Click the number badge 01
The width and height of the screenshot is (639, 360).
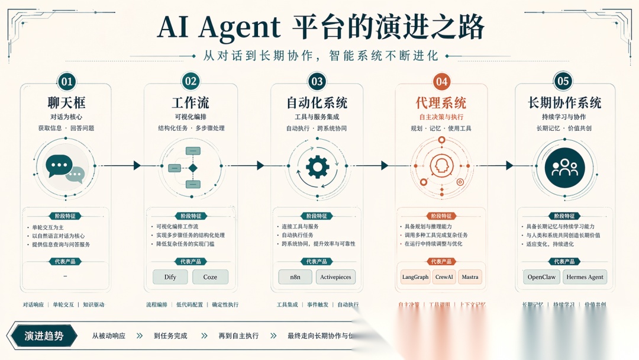(66, 82)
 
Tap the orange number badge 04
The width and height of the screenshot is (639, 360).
(441, 82)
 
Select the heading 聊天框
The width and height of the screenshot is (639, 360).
(66, 102)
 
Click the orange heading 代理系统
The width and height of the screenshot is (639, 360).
(441, 102)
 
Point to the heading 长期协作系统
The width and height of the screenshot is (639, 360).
(564, 102)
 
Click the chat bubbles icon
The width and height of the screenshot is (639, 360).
(65, 168)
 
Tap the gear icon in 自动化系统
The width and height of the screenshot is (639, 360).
(317, 167)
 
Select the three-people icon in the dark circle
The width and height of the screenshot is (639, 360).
(564, 168)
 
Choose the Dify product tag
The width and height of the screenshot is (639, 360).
(170, 277)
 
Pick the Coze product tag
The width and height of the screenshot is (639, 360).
(210, 277)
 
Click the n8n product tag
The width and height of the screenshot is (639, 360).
(295, 277)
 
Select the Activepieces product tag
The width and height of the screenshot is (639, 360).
(335, 277)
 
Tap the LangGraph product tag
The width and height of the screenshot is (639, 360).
(415, 277)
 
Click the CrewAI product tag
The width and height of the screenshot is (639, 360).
(444, 277)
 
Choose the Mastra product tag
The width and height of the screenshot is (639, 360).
(470, 277)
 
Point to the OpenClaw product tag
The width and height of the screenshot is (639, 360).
(541, 277)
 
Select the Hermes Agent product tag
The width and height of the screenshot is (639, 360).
(585, 277)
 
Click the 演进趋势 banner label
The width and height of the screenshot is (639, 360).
(44, 336)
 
